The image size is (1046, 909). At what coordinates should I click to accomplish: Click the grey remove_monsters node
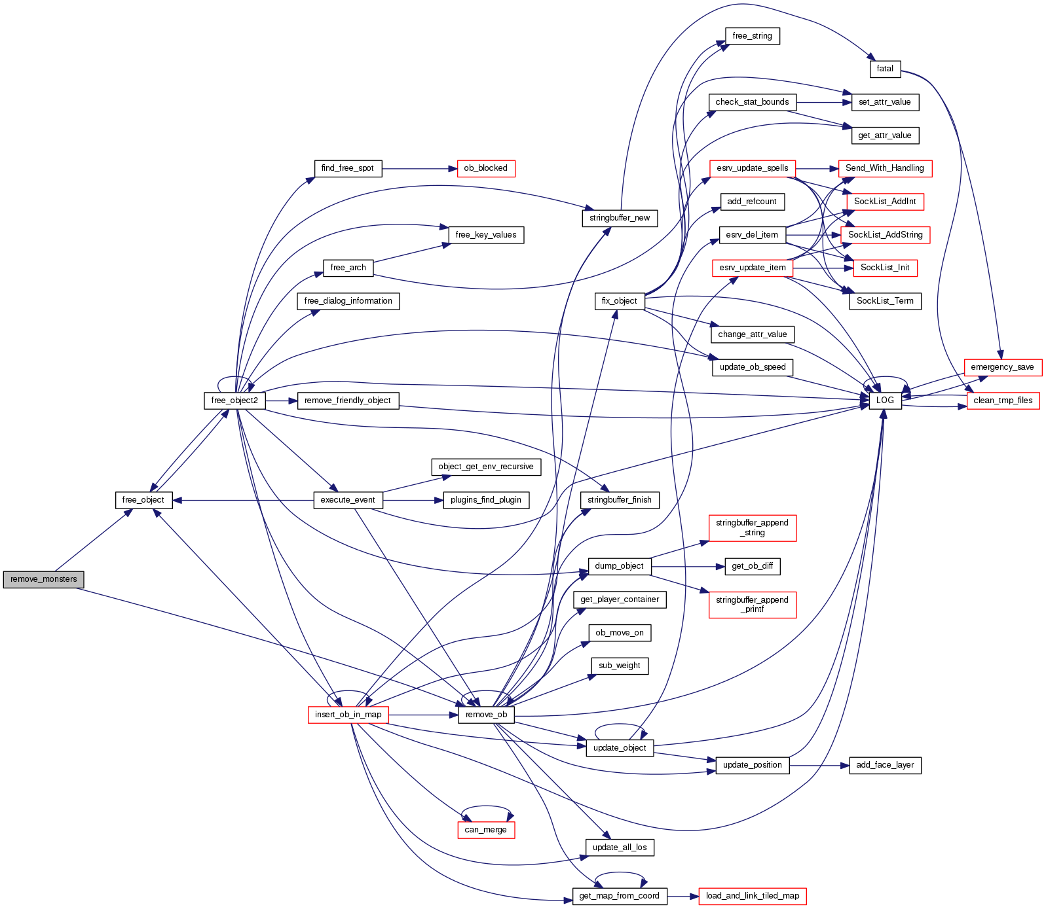tap(43, 579)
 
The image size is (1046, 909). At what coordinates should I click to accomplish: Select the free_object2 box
tap(234, 401)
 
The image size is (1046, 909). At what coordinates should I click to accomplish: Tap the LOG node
tap(885, 401)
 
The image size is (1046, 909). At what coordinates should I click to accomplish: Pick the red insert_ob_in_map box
tap(348, 715)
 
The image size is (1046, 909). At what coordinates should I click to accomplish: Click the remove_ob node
tap(486, 715)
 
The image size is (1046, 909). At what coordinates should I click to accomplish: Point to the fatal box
tap(885, 69)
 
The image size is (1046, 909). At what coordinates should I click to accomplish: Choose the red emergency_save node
tap(1002, 367)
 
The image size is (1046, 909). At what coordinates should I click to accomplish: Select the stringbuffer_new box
tap(619, 218)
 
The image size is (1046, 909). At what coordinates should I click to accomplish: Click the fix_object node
tap(619, 301)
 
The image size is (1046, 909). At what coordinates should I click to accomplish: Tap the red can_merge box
tap(485, 830)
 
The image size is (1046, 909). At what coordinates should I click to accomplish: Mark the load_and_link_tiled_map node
tap(752, 896)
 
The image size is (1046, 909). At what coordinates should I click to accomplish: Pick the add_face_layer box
tap(885, 765)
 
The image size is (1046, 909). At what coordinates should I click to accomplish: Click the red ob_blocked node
tap(485, 168)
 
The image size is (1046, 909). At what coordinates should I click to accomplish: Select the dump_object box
tap(619, 566)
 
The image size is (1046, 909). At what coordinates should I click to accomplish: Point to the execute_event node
tap(348, 500)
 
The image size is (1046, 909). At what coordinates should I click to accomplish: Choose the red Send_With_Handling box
tap(884, 168)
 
